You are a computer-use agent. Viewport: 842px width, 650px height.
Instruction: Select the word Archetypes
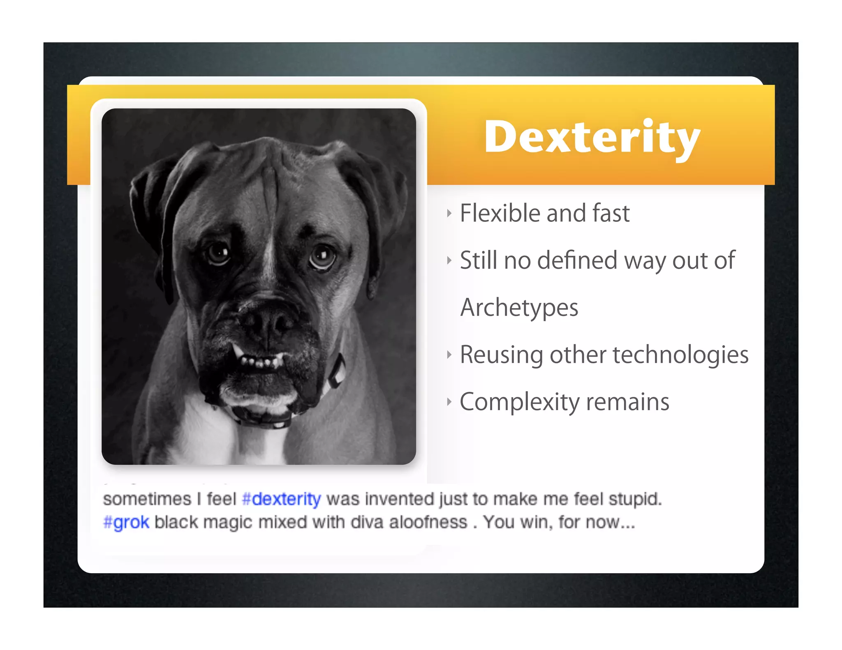[519, 308]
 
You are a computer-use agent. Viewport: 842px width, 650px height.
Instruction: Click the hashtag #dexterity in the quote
[282, 499]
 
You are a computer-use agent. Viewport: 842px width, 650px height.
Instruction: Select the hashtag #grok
[126, 522]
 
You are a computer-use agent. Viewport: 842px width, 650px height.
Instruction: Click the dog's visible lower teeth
[259, 362]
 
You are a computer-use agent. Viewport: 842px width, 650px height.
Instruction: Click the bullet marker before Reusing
[449, 355]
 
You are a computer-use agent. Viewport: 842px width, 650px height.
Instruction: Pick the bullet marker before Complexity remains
[449, 402]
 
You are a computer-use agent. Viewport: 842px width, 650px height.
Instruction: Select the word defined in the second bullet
[577, 260]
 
